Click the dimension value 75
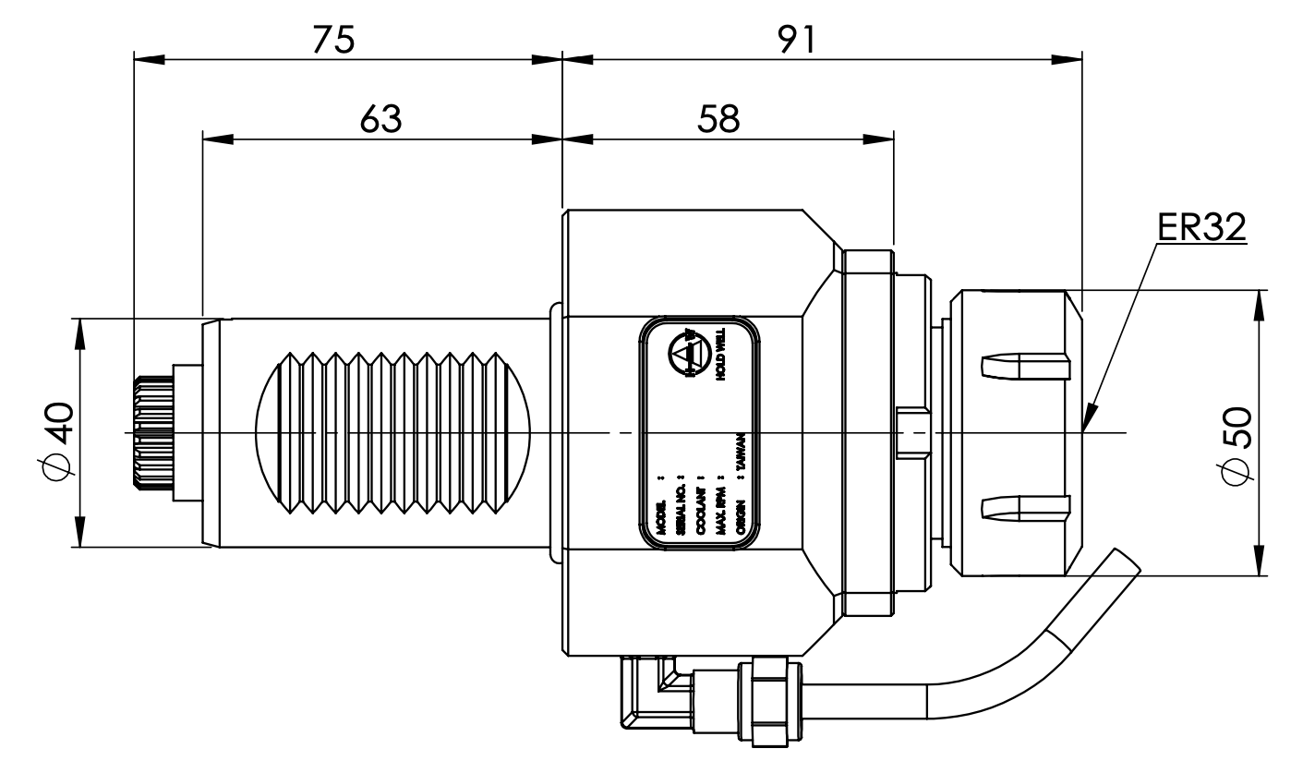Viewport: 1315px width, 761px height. [333, 40]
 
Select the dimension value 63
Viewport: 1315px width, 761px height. [380, 117]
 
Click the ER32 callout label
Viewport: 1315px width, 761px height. [1200, 227]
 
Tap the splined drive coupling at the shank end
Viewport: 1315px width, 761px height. [152, 432]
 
